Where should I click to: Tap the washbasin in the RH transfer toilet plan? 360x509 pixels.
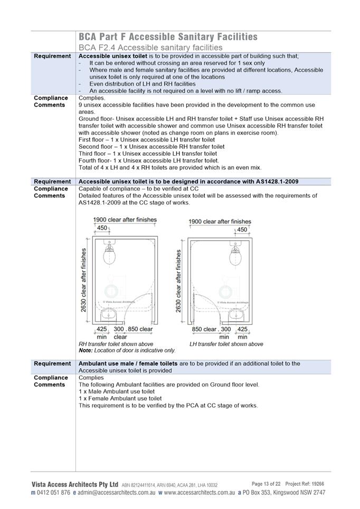point(111,315)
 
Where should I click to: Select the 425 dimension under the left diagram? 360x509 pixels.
point(102,329)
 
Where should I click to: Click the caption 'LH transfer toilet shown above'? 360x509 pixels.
point(226,344)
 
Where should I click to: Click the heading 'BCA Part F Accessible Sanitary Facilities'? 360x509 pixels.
point(168,37)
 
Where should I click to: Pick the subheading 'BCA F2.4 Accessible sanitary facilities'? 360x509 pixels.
point(150,47)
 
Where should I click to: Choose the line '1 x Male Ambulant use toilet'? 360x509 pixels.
point(117,392)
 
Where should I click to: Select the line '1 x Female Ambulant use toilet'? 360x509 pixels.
point(120,399)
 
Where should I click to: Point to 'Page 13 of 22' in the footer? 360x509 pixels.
point(266,484)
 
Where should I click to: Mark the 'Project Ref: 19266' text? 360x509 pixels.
point(305,484)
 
